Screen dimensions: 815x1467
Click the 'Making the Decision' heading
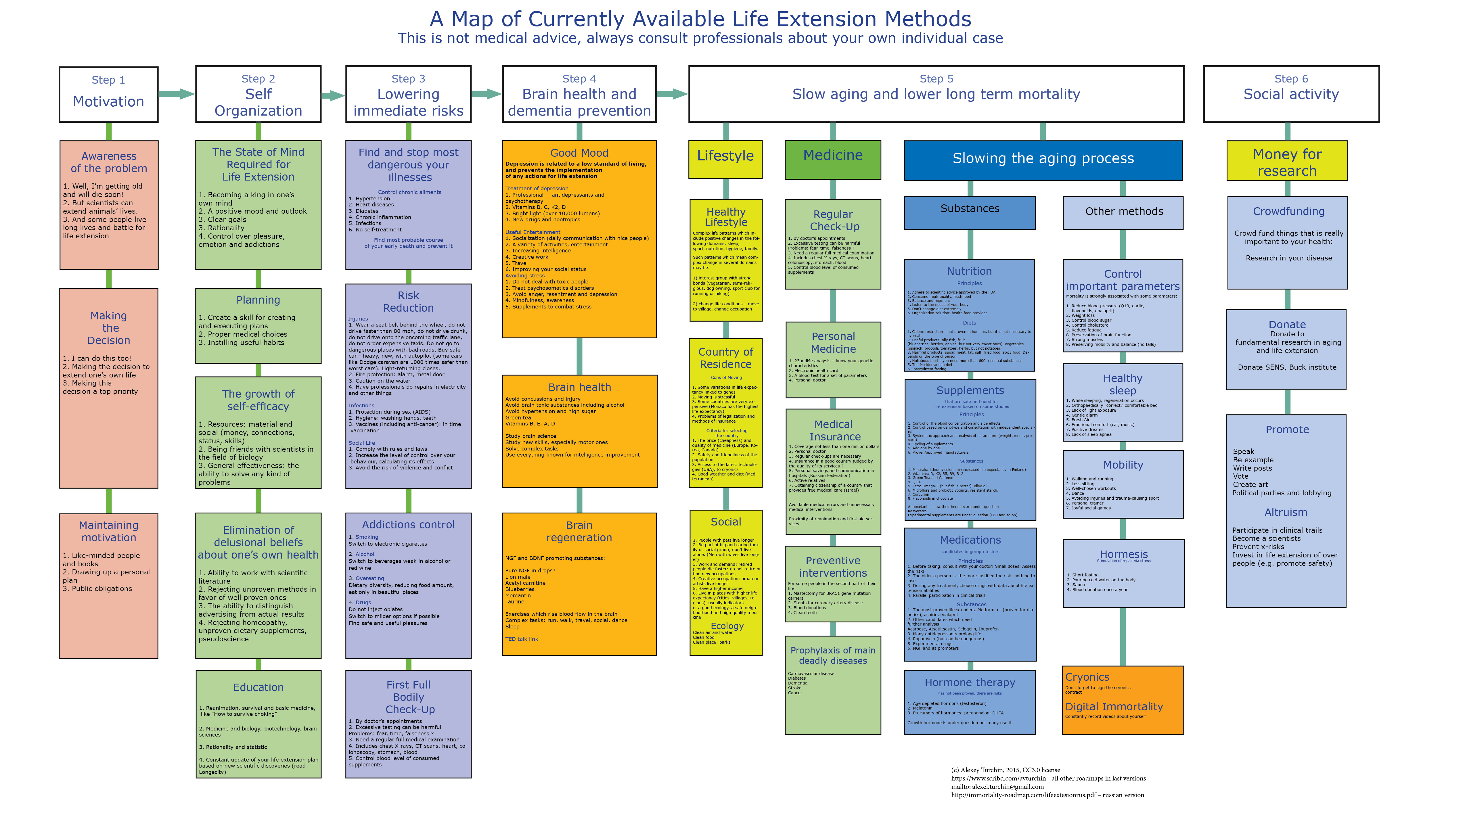tap(109, 328)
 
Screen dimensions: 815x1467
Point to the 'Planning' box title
tap(258, 300)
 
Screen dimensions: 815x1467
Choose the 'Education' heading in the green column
tap(258, 687)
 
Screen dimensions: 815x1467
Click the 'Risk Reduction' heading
tap(408, 301)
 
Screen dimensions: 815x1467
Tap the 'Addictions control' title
tap(408, 525)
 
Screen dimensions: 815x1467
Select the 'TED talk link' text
tap(521, 639)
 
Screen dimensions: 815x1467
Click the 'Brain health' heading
tap(579, 387)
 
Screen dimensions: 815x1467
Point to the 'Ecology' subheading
tap(727, 626)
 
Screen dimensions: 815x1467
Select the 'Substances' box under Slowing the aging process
tap(969, 209)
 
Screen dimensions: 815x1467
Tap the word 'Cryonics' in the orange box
tap(1087, 677)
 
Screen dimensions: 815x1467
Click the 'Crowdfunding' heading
tap(1288, 211)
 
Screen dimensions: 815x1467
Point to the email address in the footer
tap(997, 787)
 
